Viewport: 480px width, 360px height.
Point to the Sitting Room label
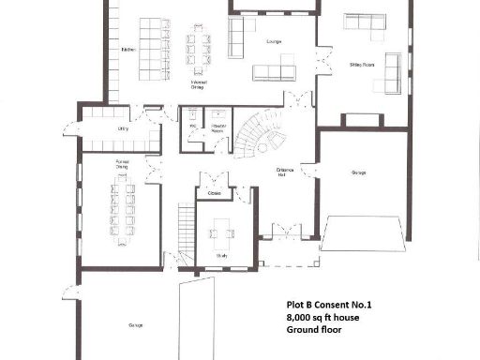coord(362,65)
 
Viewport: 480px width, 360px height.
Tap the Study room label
coord(221,254)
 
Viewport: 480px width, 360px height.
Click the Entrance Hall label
coord(286,172)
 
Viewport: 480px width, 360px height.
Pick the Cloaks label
coord(215,193)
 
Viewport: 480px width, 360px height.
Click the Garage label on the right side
coord(358,172)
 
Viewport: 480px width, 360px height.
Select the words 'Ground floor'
coord(315,331)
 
